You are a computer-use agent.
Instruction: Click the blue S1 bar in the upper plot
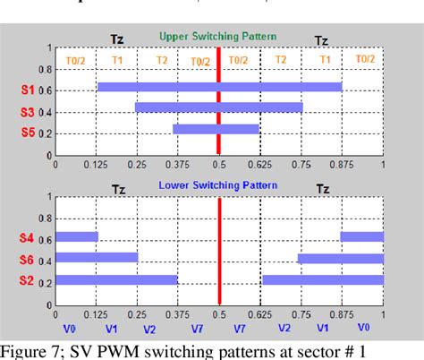(x=219, y=87)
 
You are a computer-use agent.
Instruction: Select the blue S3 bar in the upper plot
(x=219, y=107)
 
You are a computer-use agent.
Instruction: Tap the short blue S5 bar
(x=216, y=129)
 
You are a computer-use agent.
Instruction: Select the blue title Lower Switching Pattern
(x=218, y=185)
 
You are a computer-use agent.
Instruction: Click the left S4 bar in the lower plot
(x=76, y=237)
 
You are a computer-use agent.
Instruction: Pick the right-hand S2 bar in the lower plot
(x=322, y=280)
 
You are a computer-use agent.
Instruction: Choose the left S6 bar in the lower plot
(x=97, y=258)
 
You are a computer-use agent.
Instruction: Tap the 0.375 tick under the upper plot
(x=178, y=165)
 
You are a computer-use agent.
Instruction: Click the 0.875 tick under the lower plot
(x=343, y=316)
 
